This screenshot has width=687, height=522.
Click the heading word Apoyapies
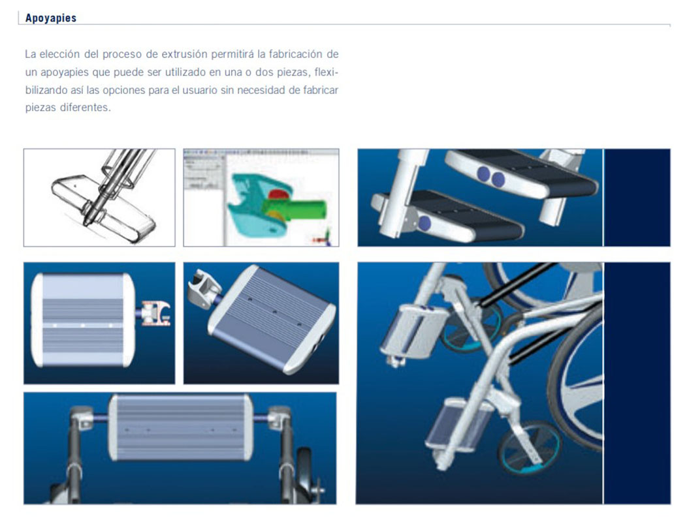(x=50, y=18)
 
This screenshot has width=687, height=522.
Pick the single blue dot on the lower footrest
(x=424, y=223)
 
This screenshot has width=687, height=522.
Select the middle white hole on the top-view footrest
(x=83, y=324)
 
